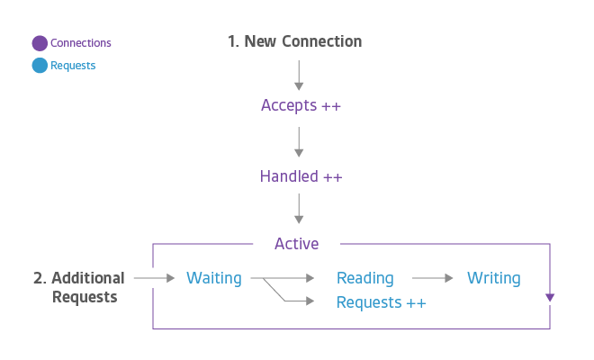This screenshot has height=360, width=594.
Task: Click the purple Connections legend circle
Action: (40, 43)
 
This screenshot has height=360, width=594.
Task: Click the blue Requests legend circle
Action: (40, 66)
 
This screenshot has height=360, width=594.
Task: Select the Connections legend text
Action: (81, 43)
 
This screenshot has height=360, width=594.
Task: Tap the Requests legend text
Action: (73, 66)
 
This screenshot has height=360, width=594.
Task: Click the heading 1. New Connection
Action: (295, 41)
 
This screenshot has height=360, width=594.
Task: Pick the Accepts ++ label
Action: (301, 105)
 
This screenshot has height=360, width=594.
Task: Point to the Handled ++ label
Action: (301, 176)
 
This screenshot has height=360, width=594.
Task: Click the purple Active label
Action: (296, 244)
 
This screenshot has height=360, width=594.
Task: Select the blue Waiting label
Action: (213, 278)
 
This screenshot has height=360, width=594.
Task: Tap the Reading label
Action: (364, 278)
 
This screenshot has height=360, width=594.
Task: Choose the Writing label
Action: (493, 278)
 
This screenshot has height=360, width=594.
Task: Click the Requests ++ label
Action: (381, 302)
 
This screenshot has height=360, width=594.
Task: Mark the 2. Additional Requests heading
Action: (79, 287)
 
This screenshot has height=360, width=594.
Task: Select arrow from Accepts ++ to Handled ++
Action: (300, 140)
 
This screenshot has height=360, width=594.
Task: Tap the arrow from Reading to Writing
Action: (432, 279)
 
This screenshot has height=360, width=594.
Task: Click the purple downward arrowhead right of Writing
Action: (550, 298)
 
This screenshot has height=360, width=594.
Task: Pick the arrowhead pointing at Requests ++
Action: (313, 301)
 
